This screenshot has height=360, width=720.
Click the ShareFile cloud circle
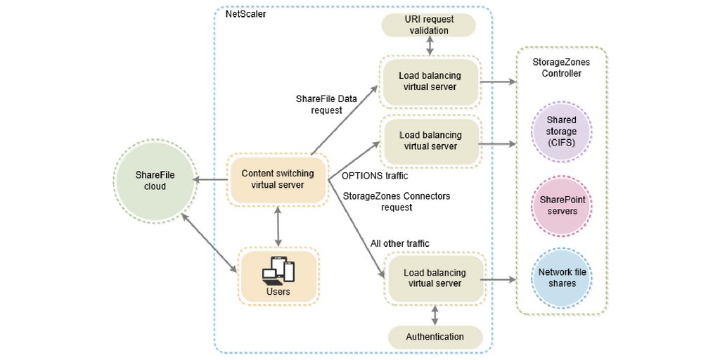point(151,181)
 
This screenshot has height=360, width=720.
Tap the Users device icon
point(278,270)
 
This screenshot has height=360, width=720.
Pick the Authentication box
point(435,337)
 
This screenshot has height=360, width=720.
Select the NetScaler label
point(245,14)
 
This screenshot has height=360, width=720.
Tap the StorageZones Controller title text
point(561,67)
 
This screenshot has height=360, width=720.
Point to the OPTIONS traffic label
point(374,175)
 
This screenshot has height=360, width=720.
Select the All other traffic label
point(399,243)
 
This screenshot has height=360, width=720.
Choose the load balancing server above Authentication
point(435,278)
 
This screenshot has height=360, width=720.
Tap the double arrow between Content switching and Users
point(279,225)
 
